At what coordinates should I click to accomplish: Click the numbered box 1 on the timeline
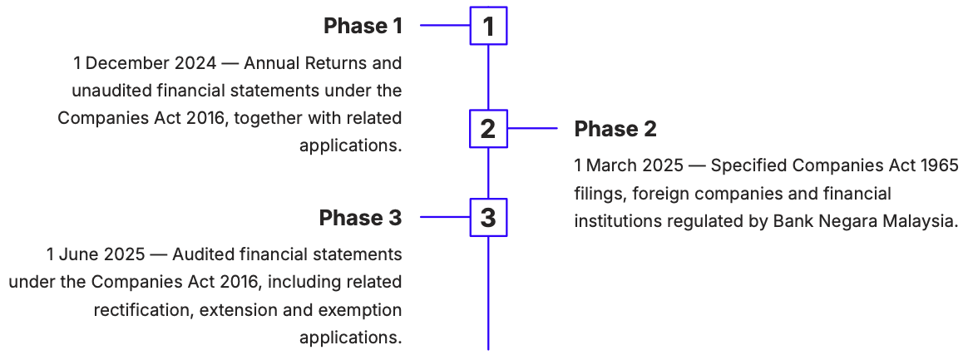tap(488, 26)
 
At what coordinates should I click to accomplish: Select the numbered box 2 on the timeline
tap(488, 129)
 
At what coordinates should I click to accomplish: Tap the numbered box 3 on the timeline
tap(488, 217)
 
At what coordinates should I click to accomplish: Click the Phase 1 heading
tap(363, 26)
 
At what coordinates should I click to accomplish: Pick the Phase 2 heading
tap(615, 129)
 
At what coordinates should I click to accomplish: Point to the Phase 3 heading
tap(361, 218)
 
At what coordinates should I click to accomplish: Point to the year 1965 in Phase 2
tap(940, 165)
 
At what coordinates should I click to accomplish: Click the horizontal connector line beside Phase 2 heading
tap(532, 129)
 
